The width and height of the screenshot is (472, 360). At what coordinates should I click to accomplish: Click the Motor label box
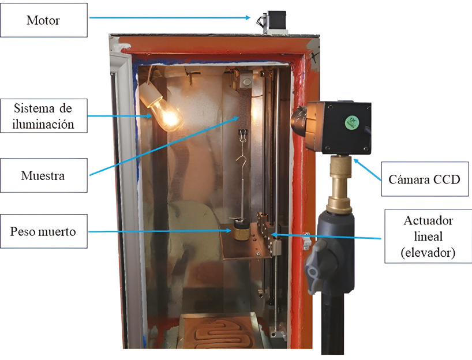[x=44, y=21]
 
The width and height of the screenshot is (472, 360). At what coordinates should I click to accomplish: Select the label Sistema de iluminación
[x=44, y=115]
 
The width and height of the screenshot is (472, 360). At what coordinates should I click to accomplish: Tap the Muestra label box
[x=44, y=175]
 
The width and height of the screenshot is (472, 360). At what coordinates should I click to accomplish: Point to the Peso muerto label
[x=44, y=231]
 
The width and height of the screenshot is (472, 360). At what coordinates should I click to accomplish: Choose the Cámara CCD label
[x=424, y=179]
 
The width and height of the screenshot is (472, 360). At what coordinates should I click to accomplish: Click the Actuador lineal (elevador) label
[x=428, y=237]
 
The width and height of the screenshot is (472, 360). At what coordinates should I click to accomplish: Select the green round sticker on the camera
[x=350, y=122]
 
